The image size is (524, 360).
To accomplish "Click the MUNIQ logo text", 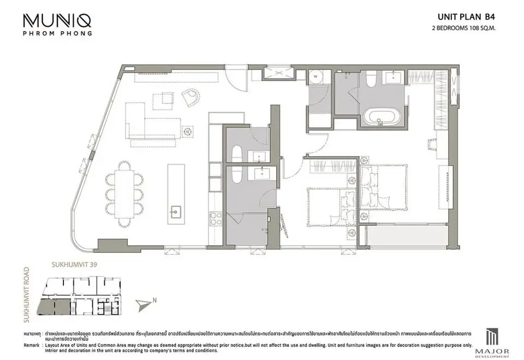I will (57, 20).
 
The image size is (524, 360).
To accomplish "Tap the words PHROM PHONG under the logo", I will (57, 33).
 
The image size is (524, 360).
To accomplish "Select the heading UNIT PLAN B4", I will (471, 17).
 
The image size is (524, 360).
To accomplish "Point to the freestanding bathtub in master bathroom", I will (382, 117).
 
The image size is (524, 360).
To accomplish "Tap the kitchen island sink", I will (176, 211).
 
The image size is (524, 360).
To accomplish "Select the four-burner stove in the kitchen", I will (215, 218).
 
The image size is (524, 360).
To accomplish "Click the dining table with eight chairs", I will (126, 194).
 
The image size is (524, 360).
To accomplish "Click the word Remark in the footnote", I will (31, 345).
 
